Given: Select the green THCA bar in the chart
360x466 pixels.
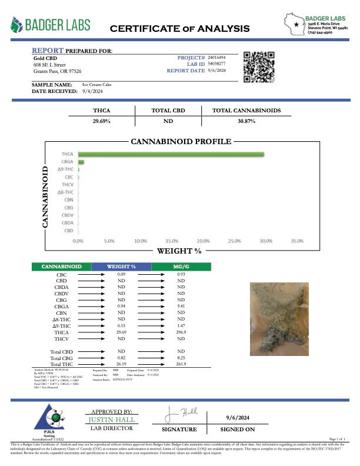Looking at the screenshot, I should coord(171,155).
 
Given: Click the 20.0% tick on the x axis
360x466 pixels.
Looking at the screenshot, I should coord(203,241).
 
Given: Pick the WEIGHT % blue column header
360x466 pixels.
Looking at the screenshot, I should coord(122,267).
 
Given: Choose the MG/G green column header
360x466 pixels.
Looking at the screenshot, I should coord(181,267).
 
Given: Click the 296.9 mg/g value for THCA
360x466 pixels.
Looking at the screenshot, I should coord(181,332).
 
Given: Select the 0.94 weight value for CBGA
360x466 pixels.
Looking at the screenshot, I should coord(122,307).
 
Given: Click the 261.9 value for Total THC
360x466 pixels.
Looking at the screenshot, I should coord(181,364).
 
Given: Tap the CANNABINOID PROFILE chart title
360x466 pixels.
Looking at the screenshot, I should coord(181,142).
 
